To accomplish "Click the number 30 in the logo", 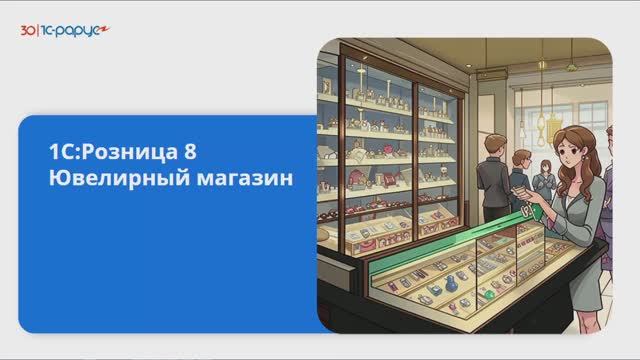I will pos(27,31).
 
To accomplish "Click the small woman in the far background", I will pos(542,180).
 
